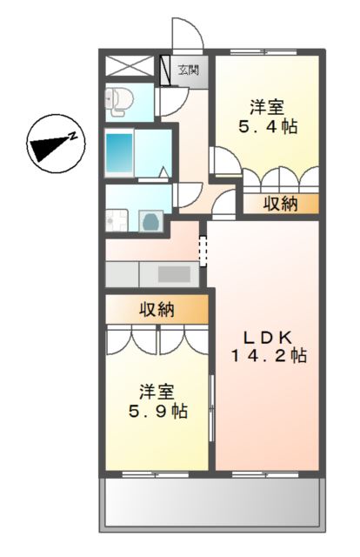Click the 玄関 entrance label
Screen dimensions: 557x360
pos(189,70)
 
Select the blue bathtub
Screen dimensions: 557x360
pos(119,153)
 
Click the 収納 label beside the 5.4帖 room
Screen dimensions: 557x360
pos(280,205)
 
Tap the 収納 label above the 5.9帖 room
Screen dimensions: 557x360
pos(157,309)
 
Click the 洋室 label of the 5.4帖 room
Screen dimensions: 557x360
pos(267,108)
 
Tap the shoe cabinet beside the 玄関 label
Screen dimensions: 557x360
pos(163,70)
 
